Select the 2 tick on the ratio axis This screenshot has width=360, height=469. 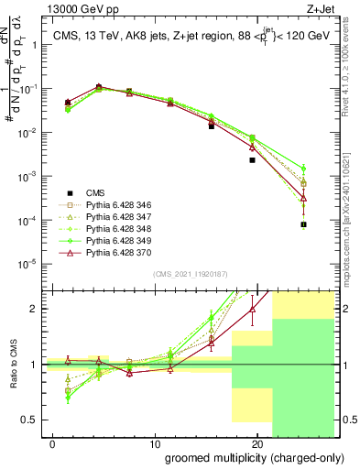pyautogui.click(x=36, y=309)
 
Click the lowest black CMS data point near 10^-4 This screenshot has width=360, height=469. pyautogui.click(x=303, y=224)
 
